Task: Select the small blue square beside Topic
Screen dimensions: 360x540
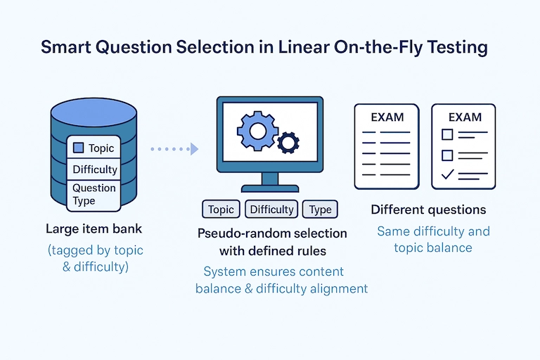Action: (79, 148)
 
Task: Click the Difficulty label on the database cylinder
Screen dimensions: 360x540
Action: (95, 169)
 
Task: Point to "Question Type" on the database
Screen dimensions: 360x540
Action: (94, 194)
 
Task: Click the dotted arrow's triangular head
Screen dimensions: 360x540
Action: (194, 149)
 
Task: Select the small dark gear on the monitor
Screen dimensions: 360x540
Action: (288, 143)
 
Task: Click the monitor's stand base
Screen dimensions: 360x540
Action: (269, 188)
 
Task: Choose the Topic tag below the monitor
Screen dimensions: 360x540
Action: (221, 210)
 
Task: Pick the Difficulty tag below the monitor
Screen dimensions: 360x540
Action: (271, 210)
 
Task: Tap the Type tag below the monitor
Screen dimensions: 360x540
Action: (320, 210)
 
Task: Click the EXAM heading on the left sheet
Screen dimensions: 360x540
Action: (387, 117)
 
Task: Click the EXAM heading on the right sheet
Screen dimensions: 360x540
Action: (464, 117)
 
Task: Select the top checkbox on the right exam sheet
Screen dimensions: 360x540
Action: (446, 134)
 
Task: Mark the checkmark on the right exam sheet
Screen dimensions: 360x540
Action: (446, 174)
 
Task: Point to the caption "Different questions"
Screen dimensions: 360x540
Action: (428, 210)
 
